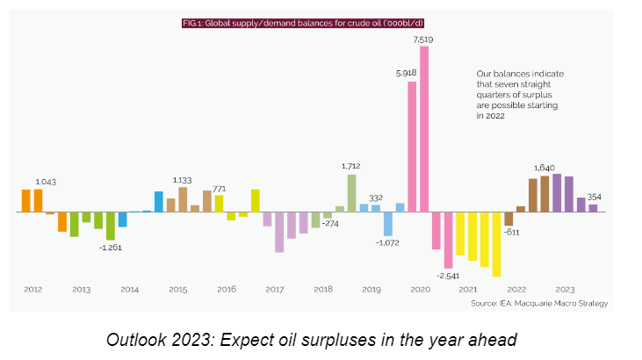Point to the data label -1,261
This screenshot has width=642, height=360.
tap(110, 248)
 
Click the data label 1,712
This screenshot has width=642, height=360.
tap(351, 166)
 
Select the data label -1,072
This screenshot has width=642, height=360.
tap(387, 242)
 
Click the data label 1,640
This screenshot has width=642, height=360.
tap(545, 167)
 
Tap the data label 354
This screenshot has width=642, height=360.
tap(594, 197)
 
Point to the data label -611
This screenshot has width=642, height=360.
tap(512, 233)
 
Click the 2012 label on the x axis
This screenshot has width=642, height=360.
tap(32, 289)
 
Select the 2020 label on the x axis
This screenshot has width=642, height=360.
tap(420, 289)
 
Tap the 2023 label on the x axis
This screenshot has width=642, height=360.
tap(564, 289)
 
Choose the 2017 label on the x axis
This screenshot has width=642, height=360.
tap(274, 289)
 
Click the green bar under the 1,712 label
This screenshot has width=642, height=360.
tap(351, 193)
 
